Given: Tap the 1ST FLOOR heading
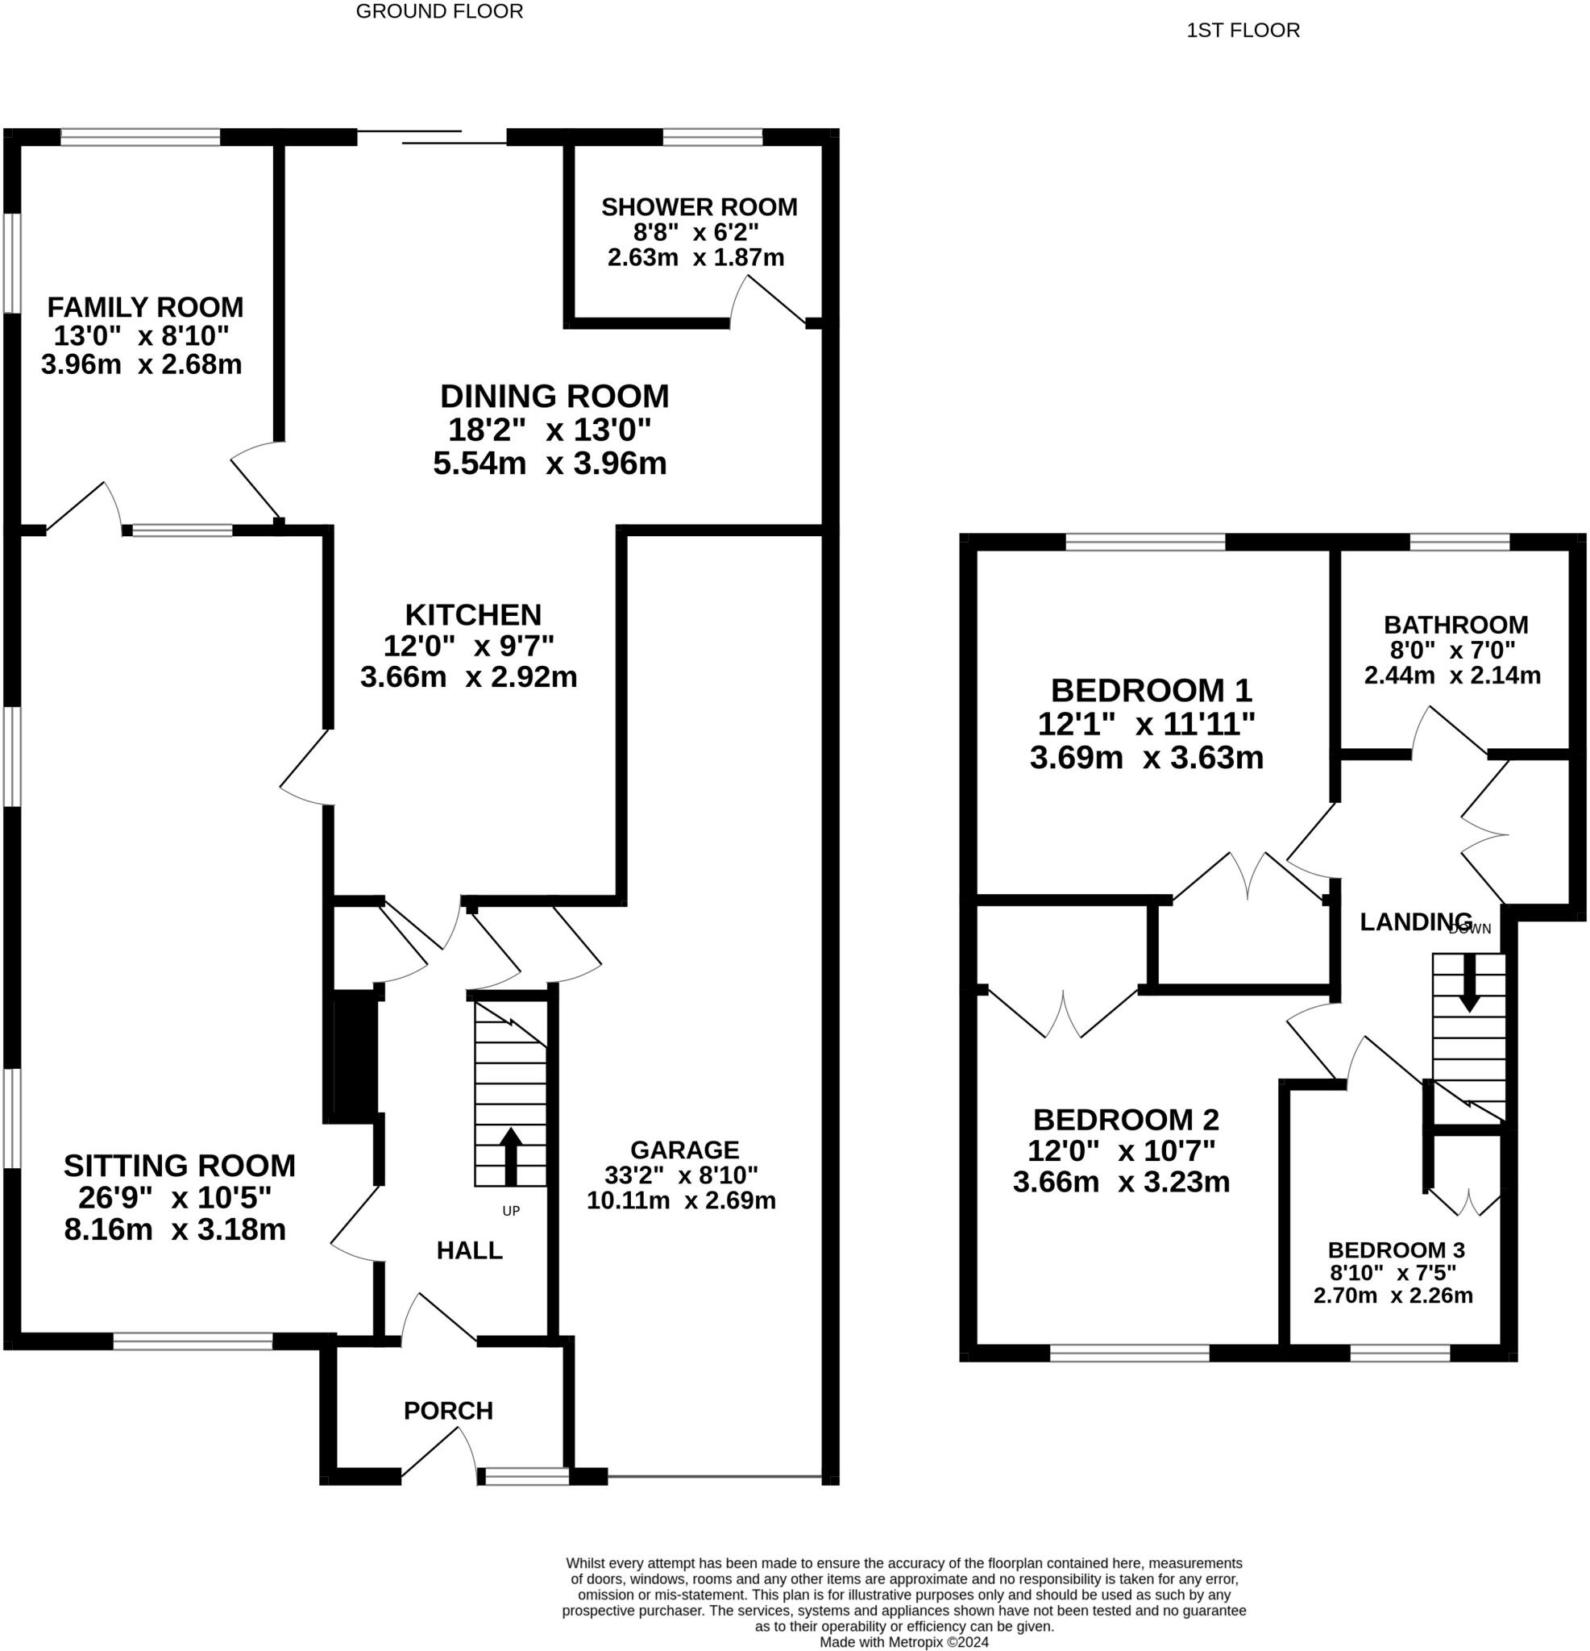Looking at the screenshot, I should (x=1242, y=31).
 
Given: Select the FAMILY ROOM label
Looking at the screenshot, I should (x=145, y=306).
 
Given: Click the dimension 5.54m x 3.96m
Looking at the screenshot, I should (x=550, y=464).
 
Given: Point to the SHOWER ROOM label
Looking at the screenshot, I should (x=699, y=207).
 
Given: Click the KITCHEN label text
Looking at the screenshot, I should (x=472, y=614).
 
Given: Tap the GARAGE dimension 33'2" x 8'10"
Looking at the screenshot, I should (x=680, y=1175).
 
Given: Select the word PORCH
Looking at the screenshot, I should (x=448, y=1410).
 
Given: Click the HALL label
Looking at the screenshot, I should (x=469, y=1250).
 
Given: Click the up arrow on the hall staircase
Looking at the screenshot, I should (x=510, y=1157).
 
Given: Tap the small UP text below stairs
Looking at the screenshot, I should (x=510, y=1211).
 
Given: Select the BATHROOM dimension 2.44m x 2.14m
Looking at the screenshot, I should (x=1452, y=675).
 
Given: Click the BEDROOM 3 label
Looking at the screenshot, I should (x=1396, y=1250).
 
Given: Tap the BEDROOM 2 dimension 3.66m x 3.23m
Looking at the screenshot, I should (x=1121, y=1182).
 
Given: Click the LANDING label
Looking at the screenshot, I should (x=1415, y=921).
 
